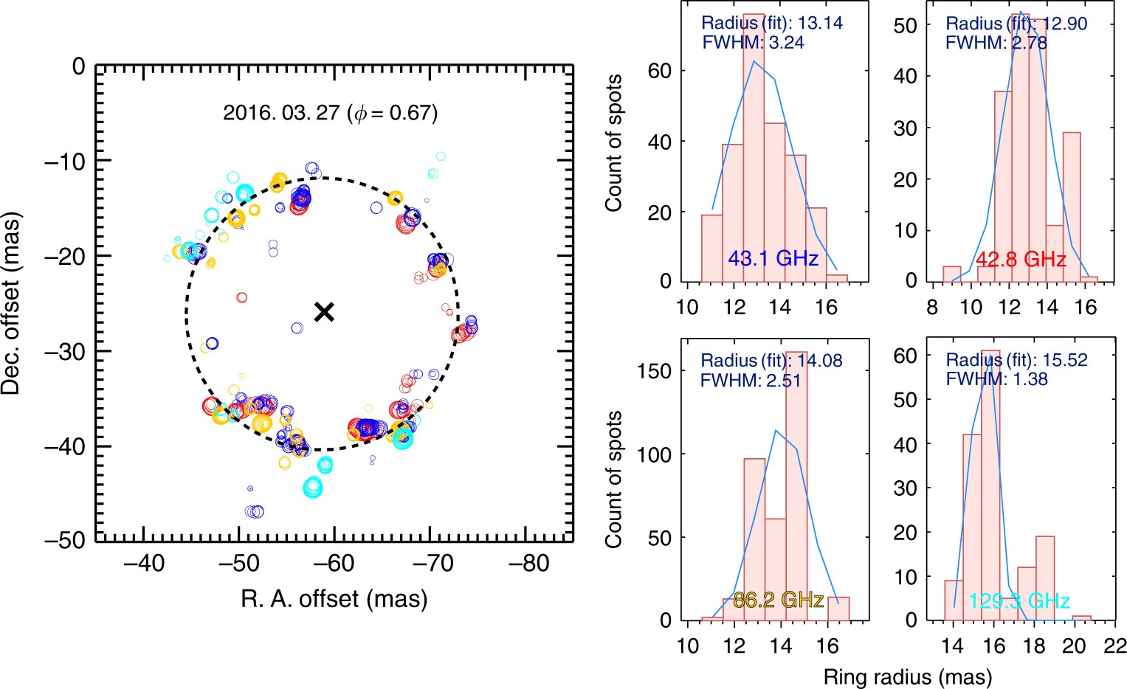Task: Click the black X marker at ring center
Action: (x=324, y=312)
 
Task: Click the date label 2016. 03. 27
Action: (x=281, y=113)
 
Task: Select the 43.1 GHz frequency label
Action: (x=773, y=258)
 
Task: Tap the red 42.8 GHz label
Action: (x=1021, y=260)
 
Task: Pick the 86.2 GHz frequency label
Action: (x=779, y=599)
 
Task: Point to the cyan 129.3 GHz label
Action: (x=1019, y=601)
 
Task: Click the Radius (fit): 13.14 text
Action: (x=772, y=24)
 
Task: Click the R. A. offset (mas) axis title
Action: (x=334, y=598)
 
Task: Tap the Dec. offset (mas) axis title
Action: (x=12, y=303)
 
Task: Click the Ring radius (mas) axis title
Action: (x=907, y=676)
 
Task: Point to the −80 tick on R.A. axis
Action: (x=529, y=564)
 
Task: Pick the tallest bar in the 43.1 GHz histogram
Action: (x=754, y=148)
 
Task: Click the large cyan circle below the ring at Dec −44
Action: (x=313, y=487)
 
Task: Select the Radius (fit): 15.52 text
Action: (x=1016, y=361)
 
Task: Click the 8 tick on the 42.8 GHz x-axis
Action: (x=932, y=307)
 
